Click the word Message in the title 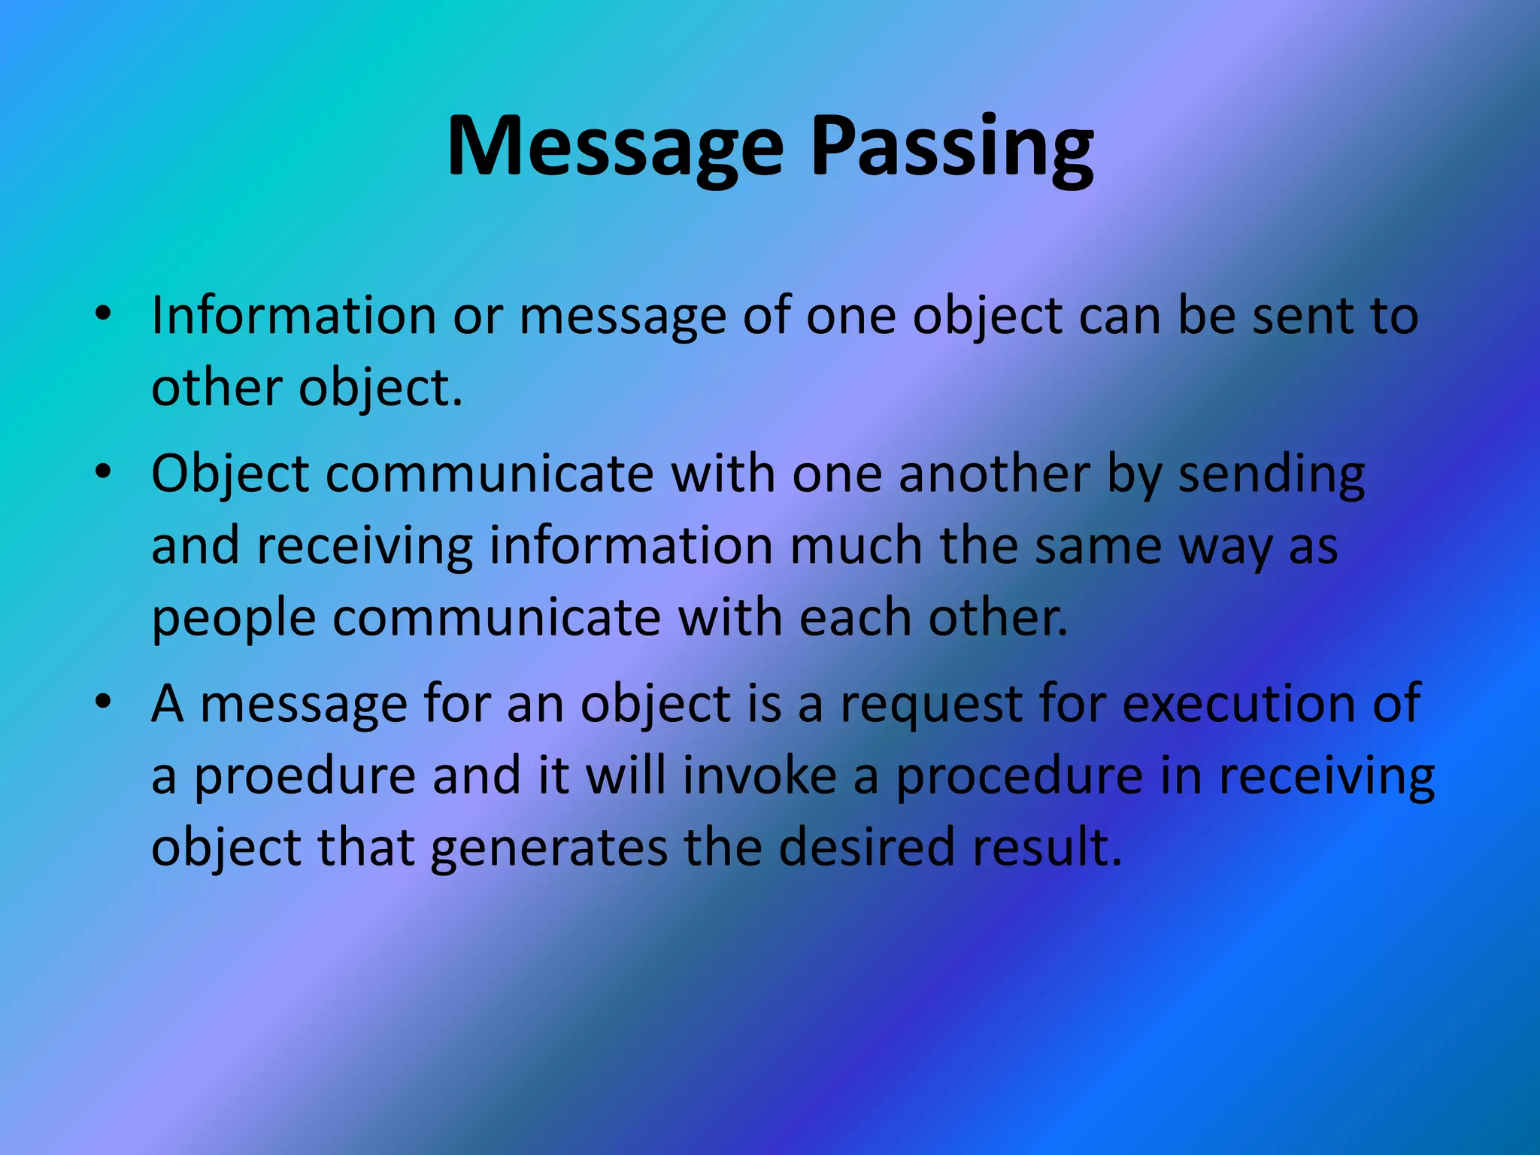(615, 147)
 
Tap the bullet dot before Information (103, 314)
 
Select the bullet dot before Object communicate (103, 472)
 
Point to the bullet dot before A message (103, 702)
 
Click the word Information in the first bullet (293, 316)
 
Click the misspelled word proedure (305, 776)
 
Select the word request (931, 705)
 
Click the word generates (549, 848)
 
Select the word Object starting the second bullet (230, 475)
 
